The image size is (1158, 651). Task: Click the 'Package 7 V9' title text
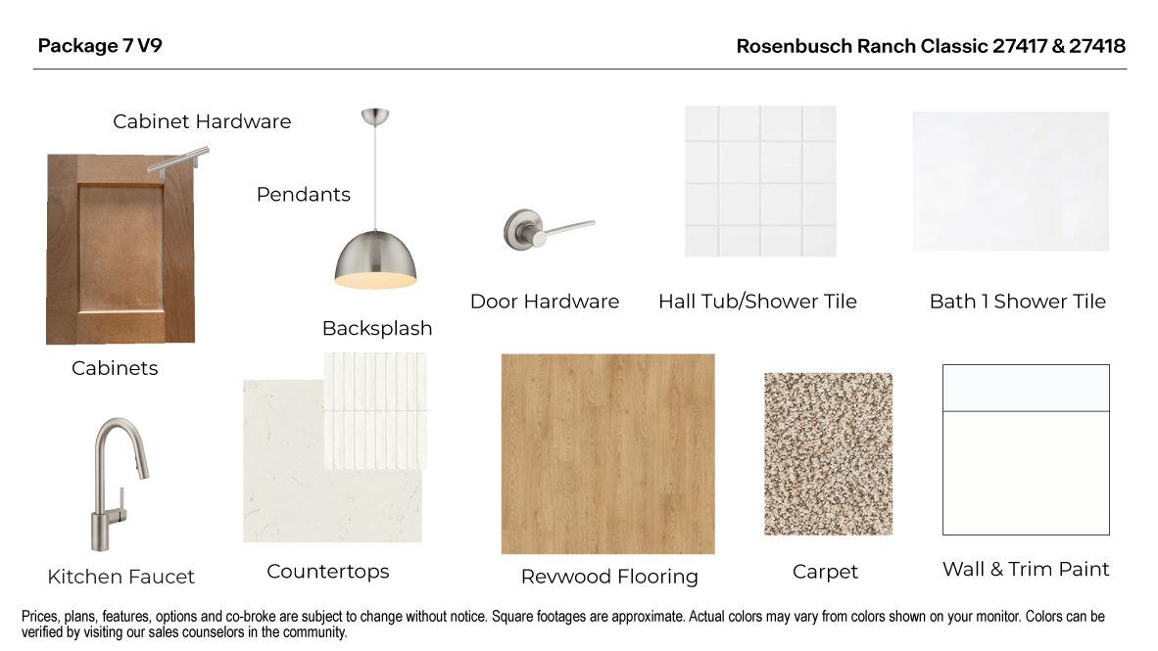(100, 46)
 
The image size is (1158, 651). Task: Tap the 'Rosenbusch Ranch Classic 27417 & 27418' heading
(930, 46)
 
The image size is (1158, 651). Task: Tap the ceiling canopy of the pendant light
(374, 117)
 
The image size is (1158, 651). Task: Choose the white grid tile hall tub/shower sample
(760, 181)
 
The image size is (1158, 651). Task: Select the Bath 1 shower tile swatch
(1010, 181)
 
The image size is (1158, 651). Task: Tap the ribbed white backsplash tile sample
(375, 411)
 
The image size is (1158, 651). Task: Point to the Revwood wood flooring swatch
(607, 454)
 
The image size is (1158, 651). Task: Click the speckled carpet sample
(828, 453)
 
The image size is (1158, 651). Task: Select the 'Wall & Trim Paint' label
(1026, 570)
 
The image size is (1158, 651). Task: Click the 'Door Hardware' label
(545, 302)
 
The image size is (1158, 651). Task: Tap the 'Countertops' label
(328, 572)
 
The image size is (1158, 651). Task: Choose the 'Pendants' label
(304, 195)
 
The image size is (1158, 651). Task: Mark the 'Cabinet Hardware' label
(202, 121)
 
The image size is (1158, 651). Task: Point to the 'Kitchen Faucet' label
(121, 578)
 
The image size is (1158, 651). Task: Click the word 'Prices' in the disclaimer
(41, 617)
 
